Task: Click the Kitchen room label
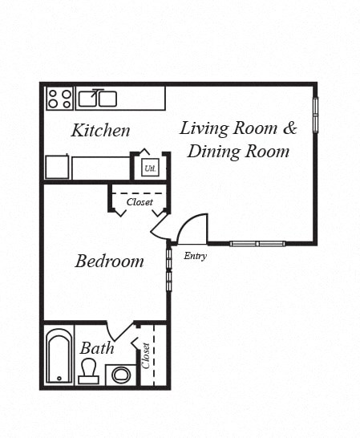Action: click(x=100, y=130)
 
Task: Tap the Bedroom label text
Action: click(x=109, y=261)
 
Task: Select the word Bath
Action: click(x=96, y=348)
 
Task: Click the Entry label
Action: click(x=195, y=257)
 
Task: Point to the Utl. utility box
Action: click(x=149, y=168)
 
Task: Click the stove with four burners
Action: click(x=59, y=99)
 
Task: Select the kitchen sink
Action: click(x=97, y=99)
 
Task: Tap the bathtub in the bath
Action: click(x=58, y=356)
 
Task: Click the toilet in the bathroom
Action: click(x=88, y=371)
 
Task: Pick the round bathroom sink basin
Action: click(x=121, y=374)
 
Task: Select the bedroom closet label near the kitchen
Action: click(x=140, y=202)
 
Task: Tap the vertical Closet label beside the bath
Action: click(x=147, y=355)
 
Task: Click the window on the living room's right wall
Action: click(x=315, y=115)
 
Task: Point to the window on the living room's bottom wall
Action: click(x=257, y=243)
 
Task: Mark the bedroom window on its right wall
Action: click(x=168, y=269)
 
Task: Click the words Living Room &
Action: click(x=238, y=128)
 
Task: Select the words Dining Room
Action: click(x=238, y=151)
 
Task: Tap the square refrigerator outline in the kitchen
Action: click(x=56, y=167)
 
